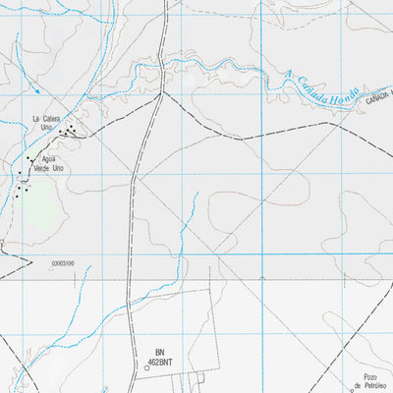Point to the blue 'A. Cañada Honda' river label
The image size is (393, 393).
tap(320, 91)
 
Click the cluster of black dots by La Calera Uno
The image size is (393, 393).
tap(68, 131)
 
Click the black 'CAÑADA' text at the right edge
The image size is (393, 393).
tap(378, 100)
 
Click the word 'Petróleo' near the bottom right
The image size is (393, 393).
tap(379, 387)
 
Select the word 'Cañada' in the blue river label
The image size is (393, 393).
tap(310, 85)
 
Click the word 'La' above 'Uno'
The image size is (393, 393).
tap(35, 119)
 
